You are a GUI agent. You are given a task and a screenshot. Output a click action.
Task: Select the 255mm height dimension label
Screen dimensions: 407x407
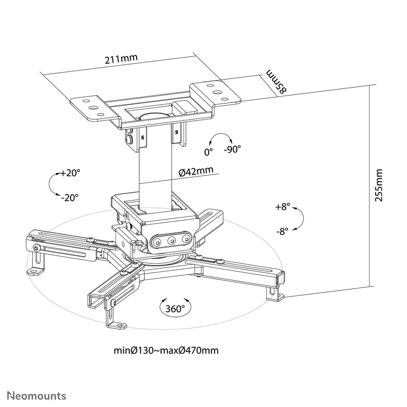tap(379, 185)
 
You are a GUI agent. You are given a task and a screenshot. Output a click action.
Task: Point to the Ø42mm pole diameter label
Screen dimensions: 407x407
tap(196, 171)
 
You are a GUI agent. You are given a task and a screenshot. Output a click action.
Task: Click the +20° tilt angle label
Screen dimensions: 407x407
tap(70, 173)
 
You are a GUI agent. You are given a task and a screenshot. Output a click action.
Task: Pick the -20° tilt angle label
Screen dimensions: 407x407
tap(70, 198)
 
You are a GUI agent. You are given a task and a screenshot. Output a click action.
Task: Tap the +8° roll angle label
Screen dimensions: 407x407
tap(282, 207)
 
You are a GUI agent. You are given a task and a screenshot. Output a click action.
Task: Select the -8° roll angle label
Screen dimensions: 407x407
tap(282, 231)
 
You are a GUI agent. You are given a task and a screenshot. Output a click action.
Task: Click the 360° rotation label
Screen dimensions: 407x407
tap(175, 309)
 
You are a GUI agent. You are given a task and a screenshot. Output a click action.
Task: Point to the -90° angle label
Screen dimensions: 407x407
tap(232, 149)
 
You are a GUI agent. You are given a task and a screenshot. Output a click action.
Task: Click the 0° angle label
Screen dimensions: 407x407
tap(208, 152)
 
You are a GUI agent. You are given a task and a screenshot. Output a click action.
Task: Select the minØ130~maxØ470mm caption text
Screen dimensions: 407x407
tap(166, 350)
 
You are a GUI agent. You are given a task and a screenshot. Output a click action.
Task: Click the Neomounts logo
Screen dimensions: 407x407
tap(37, 396)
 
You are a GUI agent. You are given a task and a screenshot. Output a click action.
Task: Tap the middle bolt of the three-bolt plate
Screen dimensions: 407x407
tap(171, 241)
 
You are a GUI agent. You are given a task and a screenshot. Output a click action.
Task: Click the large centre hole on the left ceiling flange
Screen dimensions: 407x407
tap(93, 107)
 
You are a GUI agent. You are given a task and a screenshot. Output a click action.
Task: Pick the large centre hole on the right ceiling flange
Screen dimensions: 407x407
tap(217, 92)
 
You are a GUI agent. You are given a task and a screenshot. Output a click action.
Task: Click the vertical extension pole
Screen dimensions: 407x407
tap(155, 171)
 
